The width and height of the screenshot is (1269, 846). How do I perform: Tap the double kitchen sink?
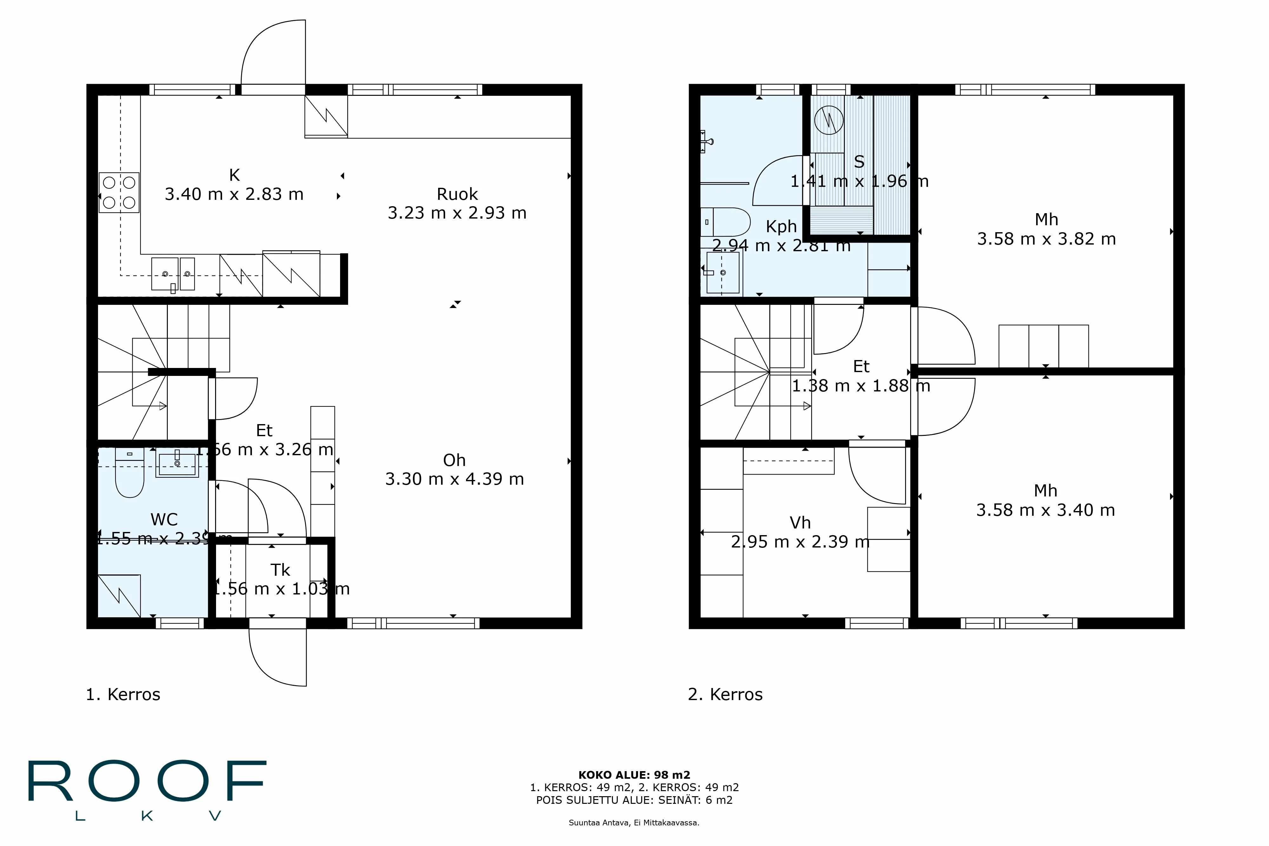173,273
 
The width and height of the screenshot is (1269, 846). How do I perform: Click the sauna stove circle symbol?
828,120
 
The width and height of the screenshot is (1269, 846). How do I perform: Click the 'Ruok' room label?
457,194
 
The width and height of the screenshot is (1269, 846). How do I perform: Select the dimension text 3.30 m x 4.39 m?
454,479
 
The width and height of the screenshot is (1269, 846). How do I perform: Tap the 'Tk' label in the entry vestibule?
280,570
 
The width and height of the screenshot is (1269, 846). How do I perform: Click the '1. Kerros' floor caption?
123,694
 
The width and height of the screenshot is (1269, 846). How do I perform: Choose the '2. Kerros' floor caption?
725,694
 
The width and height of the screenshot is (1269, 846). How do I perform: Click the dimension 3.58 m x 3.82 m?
1046,239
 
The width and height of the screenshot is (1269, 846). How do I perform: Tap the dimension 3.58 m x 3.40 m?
1045,510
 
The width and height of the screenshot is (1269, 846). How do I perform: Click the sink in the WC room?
177,464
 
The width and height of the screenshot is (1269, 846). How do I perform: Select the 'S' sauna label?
859,162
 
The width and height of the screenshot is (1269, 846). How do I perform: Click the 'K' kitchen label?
234,175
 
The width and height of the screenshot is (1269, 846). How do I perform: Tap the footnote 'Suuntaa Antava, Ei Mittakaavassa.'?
634,823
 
